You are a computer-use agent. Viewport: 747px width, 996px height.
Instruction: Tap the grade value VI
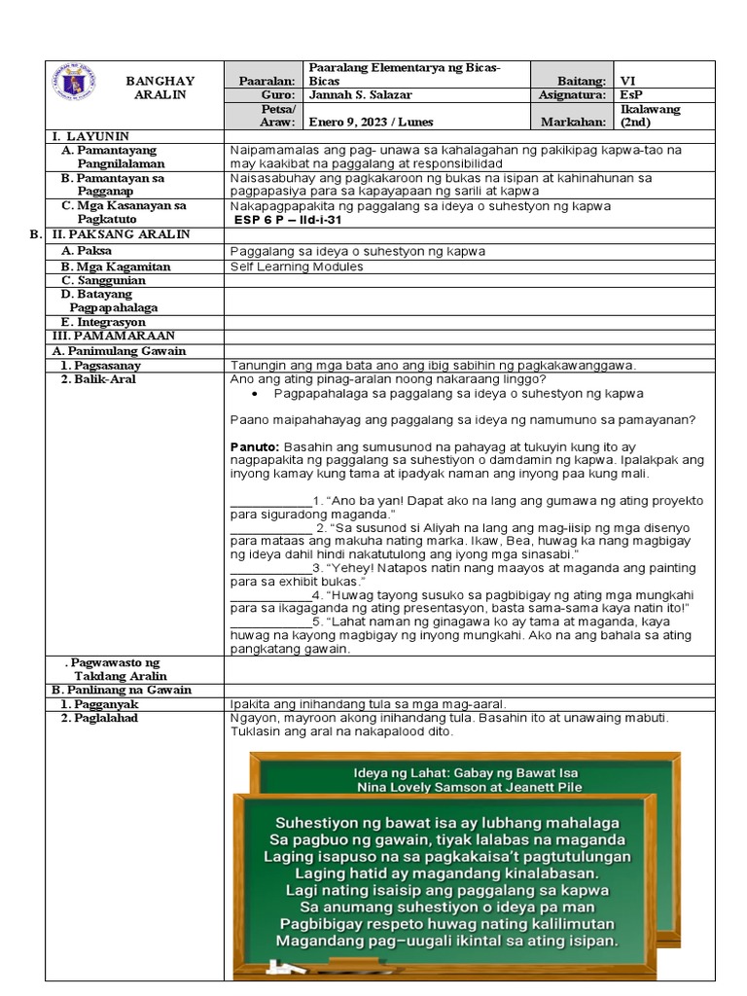click(628, 82)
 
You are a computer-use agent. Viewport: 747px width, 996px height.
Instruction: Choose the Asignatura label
click(572, 95)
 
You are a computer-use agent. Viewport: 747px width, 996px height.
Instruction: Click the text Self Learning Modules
click(297, 267)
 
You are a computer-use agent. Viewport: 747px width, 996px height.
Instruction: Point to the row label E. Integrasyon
click(102, 322)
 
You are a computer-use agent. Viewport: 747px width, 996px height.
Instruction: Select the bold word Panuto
click(255, 444)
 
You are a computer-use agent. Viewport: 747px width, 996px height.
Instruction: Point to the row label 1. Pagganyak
click(99, 703)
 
